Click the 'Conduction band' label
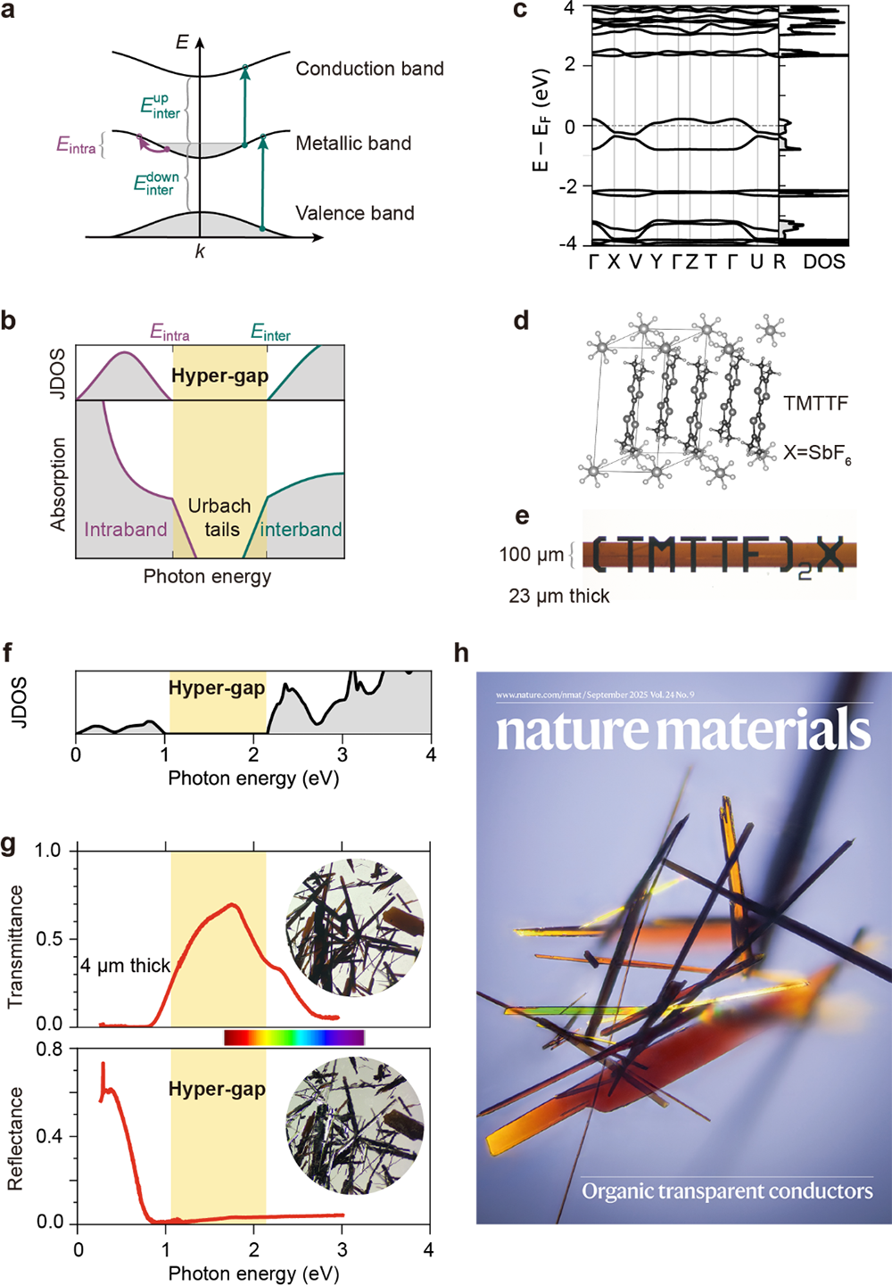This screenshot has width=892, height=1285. point(369,69)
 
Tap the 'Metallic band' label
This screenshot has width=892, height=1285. point(353,144)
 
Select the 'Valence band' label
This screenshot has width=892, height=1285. point(355,213)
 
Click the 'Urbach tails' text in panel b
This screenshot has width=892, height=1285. point(219,518)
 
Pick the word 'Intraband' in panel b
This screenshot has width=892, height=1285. point(126,530)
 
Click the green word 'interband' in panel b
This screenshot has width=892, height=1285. point(301,530)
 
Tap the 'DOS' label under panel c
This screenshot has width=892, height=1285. point(823,261)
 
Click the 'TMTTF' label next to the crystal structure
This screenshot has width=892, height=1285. point(815,404)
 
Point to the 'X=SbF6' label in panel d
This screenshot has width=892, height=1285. point(816,453)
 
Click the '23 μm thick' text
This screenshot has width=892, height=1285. point(559,596)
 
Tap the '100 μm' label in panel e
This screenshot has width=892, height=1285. point(531,555)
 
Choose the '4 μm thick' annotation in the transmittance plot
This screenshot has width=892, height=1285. point(125,966)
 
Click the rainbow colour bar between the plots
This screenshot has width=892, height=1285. point(293,1037)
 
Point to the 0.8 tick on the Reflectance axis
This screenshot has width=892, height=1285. point(49,1050)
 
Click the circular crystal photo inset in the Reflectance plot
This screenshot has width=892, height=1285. point(354,1125)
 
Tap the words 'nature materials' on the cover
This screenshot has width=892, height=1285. point(682,732)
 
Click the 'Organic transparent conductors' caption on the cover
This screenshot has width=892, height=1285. point(727,1191)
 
